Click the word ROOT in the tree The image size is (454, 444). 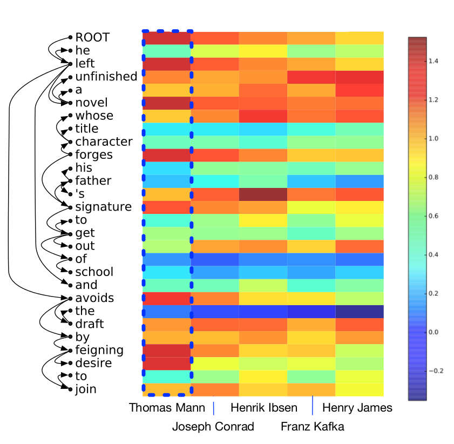[92, 37]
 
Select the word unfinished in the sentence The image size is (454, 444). [106, 77]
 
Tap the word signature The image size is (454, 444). [103, 207]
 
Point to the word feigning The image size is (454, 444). [99, 350]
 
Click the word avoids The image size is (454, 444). [94, 298]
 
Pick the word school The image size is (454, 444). [94, 272]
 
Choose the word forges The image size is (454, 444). [94, 155]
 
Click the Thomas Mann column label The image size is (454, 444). [167, 408]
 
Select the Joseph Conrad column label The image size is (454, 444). [213, 427]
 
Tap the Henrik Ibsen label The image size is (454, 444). [263, 408]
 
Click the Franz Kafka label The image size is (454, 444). [312, 427]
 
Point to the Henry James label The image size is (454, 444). [357, 408]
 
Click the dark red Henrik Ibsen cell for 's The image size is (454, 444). [263, 194]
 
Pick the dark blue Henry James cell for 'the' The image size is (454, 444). [360, 311]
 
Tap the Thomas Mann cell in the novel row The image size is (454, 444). [166, 103]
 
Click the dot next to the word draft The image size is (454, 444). [70, 325]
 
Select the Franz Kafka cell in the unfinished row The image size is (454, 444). [311, 77]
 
